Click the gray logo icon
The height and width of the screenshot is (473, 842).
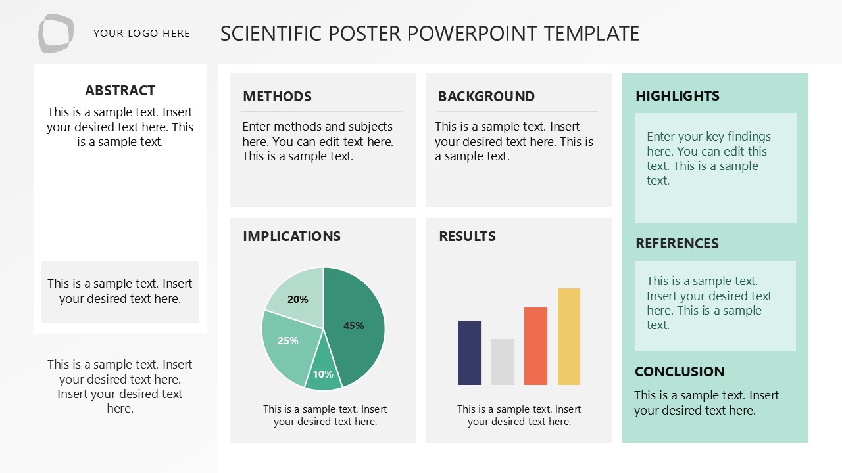56,33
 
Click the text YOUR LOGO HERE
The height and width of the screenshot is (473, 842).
141,34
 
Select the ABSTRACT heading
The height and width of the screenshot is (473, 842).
120,91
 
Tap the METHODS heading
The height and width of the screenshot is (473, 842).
277,97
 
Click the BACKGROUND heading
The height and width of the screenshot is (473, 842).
486,97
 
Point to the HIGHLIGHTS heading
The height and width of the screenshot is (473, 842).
677,96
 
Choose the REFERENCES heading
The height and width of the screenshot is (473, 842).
677,244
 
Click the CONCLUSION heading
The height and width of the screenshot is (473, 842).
679,372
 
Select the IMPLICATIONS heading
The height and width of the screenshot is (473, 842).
291,236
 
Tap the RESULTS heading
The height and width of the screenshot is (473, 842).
467,236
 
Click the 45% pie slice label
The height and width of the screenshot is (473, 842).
354,325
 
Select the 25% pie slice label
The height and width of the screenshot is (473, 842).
288,340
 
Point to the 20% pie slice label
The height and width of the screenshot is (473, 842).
297,300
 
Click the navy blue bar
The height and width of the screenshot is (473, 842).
469,353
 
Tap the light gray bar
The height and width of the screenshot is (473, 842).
503,362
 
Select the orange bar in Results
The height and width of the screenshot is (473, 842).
535,346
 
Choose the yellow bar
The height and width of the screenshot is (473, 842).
569,336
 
